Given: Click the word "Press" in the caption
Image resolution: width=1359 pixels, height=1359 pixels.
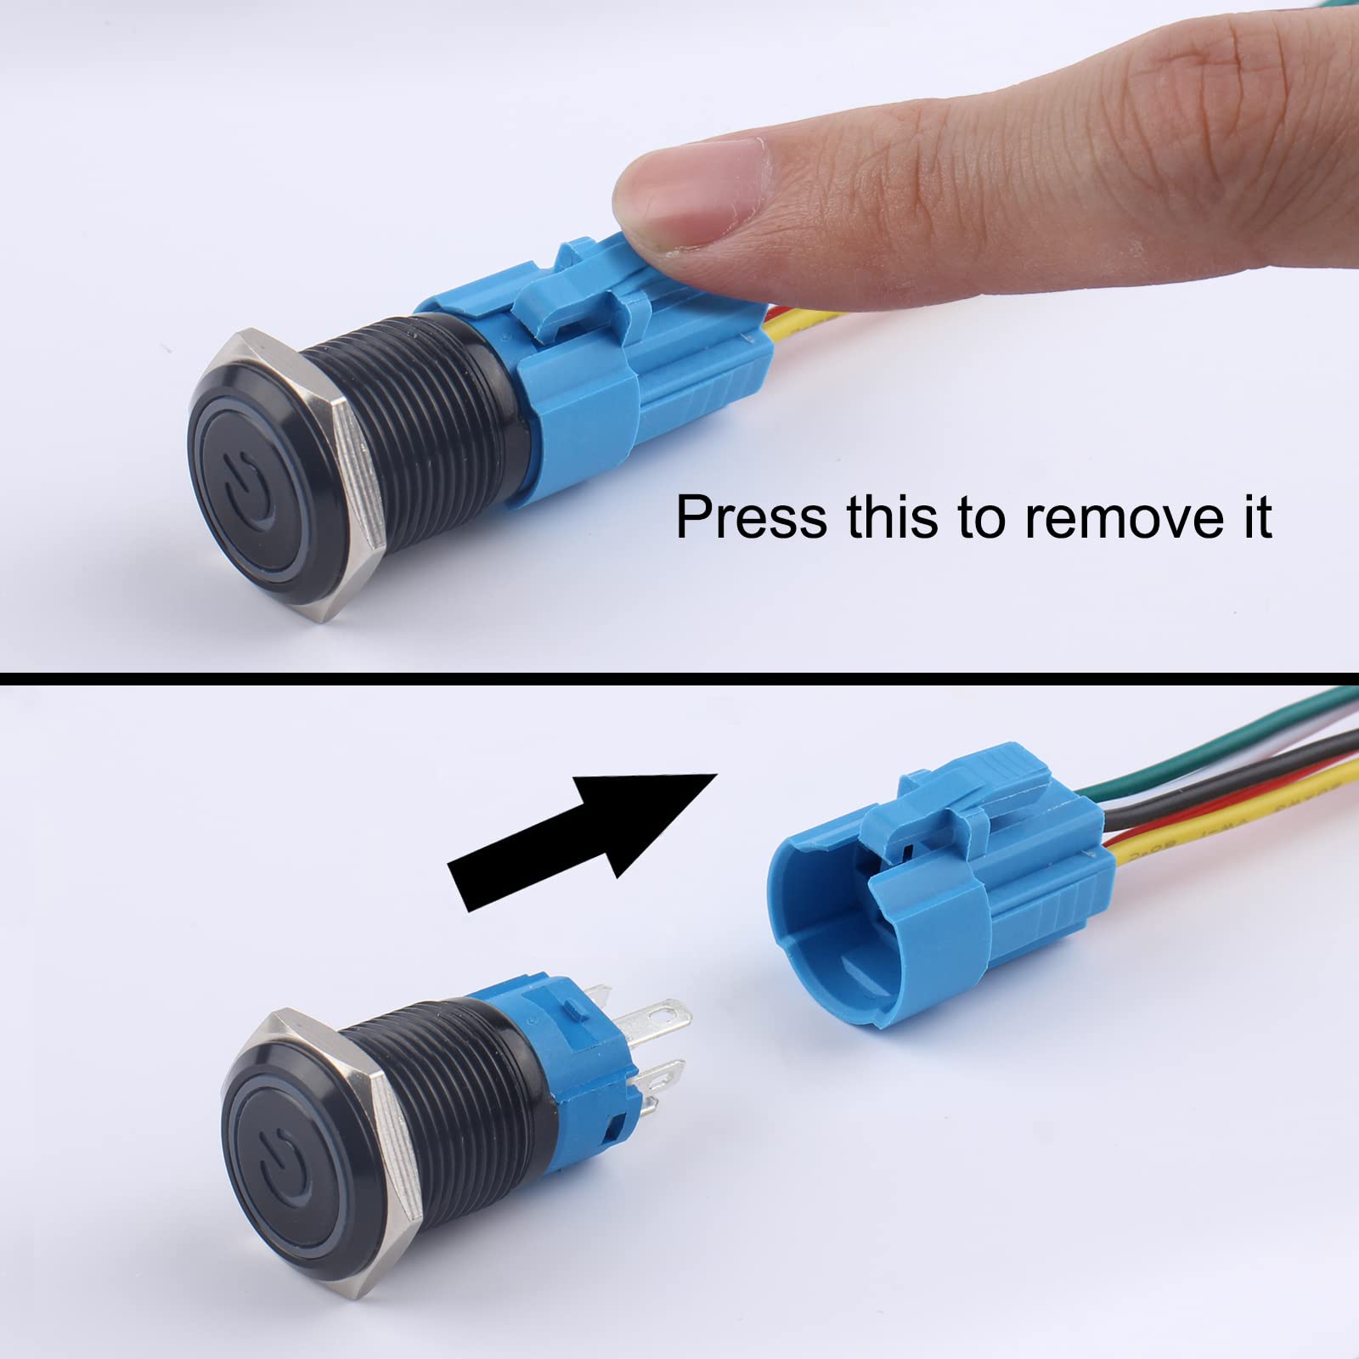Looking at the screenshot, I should click(738, 516).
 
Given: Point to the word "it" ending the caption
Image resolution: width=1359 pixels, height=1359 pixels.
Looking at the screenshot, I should click(1253, 516).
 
